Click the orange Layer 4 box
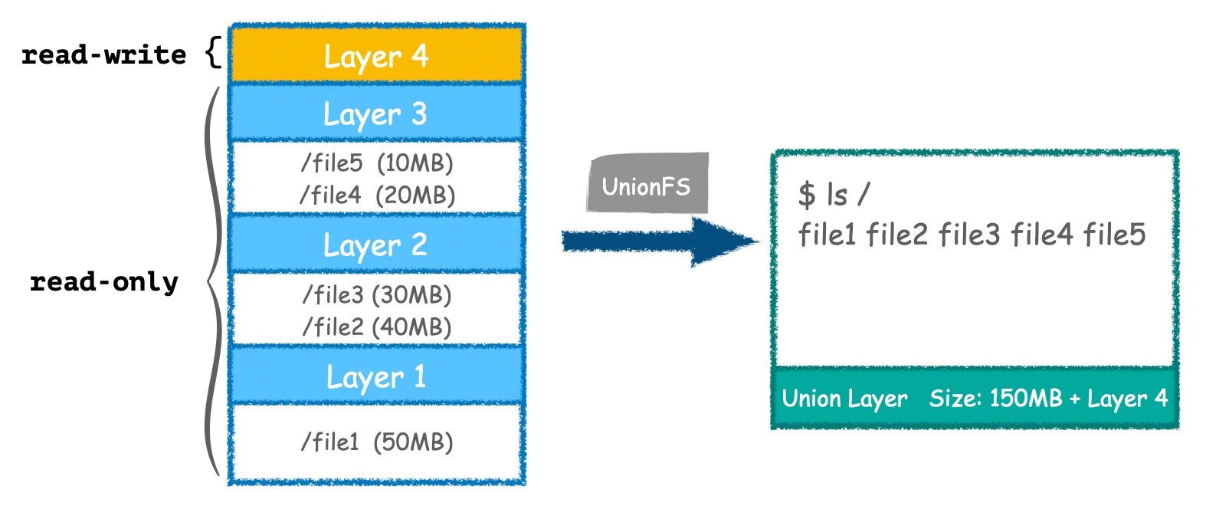point(376,56)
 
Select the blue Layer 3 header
point(376,114)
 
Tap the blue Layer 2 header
point(376,245)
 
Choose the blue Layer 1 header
point(376,376)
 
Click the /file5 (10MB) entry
point(377,163)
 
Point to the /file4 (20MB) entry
point(377,195)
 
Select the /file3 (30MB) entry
point(377,294)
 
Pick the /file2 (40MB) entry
point(377,327)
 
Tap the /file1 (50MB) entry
point(377,442)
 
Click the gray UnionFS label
point(647,186)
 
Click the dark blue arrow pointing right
point(659,242)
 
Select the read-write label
point(103,55)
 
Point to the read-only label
point(103,282)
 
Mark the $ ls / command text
point(834,195)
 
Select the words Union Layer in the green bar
point(844,399)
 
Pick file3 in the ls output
point(969,235)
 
